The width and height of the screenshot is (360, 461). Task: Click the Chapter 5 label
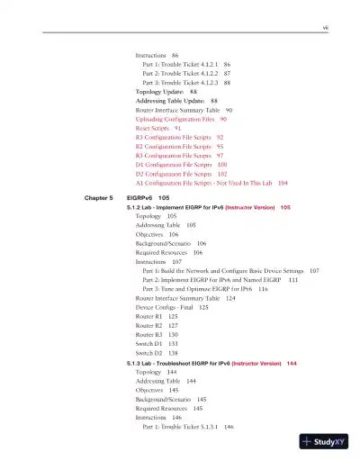(95, 195)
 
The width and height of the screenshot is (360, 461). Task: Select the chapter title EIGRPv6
(148, 195)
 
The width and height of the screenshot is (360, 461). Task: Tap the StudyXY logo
(325, 441)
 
